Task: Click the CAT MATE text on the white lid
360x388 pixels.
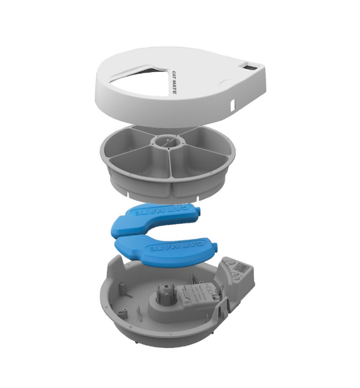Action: coord(174,83)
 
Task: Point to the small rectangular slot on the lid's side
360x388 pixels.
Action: coord(232,104)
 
